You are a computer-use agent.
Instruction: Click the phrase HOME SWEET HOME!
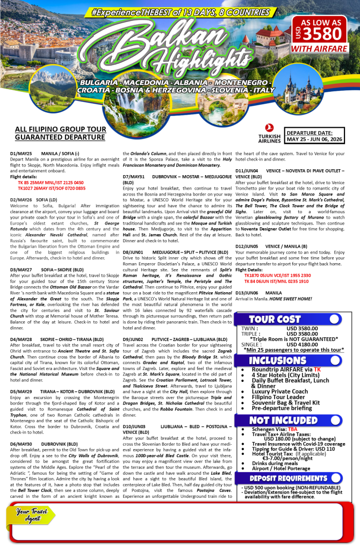tap(289, 299)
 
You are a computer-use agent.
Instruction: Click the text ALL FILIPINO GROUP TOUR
tap(53, 129)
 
